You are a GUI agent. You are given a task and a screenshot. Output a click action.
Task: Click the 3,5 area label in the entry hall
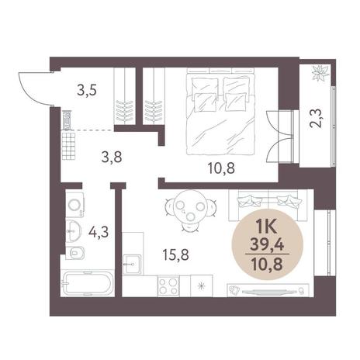tap(87, 91)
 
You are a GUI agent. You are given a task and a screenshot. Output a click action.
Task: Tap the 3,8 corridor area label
tap(112, 157)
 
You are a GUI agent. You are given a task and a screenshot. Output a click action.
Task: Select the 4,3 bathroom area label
tap(99, 232)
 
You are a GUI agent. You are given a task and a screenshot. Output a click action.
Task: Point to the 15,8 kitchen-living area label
tap(176, 254)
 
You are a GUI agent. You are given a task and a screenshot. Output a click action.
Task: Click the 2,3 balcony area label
tap(316, 118)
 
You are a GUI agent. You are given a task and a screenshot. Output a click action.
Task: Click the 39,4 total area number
tap(267, 244)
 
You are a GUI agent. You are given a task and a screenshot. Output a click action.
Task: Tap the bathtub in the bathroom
tap(88, 283)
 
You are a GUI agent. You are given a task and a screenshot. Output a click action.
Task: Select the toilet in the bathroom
tap(74, 253)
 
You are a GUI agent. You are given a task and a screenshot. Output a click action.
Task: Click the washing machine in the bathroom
tap(74, 205)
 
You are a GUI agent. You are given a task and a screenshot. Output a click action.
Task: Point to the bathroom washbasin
tap(74, 231)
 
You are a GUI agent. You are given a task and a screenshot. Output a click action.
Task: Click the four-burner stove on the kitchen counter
tap(168, 286)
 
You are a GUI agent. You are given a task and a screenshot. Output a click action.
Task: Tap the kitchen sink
tap(133, 264)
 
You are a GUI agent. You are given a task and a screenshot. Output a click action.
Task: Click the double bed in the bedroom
tap(220, 112)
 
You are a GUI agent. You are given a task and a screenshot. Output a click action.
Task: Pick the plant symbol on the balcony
tap(320, 73)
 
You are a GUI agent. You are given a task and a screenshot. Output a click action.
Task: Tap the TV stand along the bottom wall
tap(268, 290)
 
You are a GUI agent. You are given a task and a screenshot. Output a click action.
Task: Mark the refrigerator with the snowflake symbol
tap(202, 286)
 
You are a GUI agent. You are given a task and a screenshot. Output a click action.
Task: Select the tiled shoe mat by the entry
tap(68, 145)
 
